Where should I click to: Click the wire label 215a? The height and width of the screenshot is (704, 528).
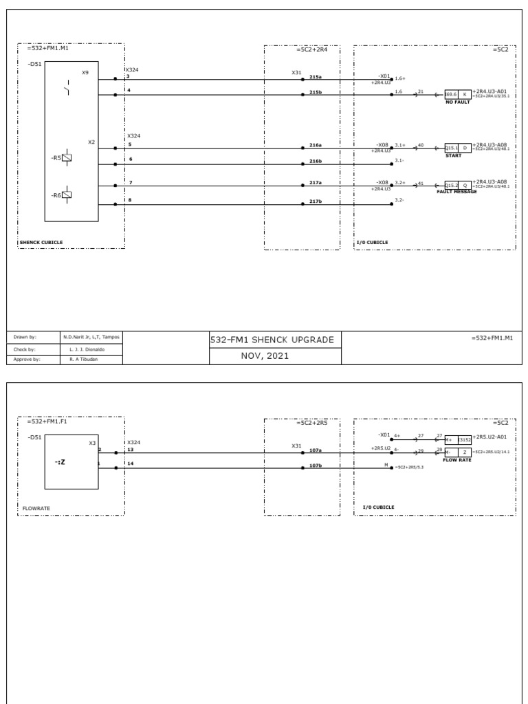(316, 77)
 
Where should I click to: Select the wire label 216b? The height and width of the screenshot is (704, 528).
(316, 161)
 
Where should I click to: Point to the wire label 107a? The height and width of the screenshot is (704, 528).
(316, 450)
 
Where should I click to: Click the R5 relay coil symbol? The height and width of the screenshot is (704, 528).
(67, 157)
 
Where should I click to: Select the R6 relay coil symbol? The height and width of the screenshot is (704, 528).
(67, 195)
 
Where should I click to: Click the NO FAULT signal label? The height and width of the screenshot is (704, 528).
(458, 102)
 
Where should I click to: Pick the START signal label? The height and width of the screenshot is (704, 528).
(452, 155)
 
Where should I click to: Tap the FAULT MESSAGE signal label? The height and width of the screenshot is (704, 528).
(456, 192)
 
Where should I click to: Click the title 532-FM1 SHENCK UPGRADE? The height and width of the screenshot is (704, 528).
(275, 340)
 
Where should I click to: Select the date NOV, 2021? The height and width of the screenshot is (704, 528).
(275, 356)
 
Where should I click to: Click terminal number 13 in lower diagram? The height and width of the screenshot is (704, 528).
(130, 450)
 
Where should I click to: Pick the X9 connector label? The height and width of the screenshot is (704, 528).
(85, 71)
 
